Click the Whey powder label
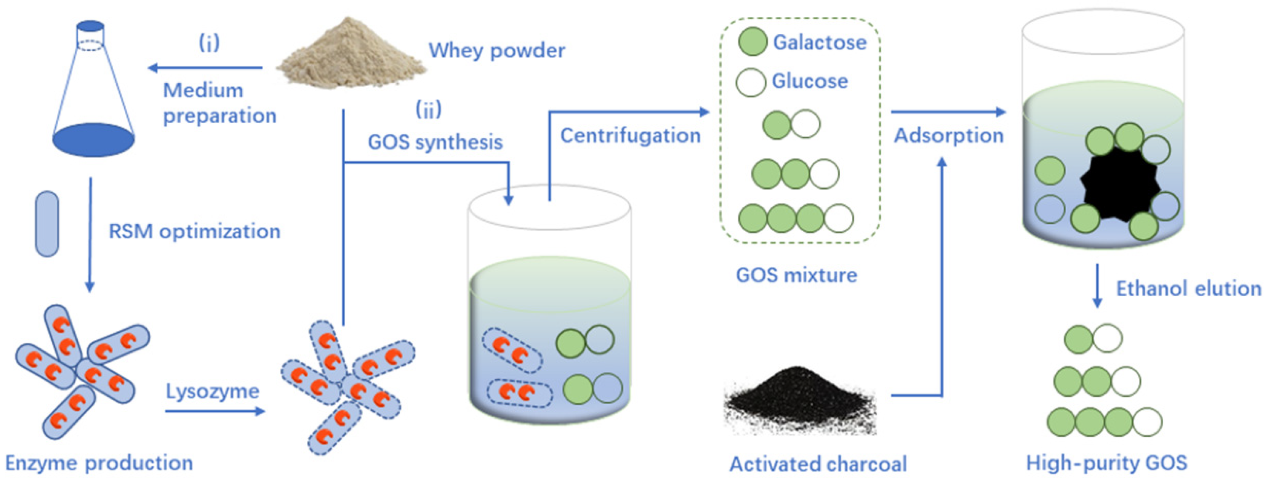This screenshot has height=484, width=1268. point(497,50)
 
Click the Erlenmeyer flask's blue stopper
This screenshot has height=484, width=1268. point(91,26)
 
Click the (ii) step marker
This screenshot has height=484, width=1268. point(428,109)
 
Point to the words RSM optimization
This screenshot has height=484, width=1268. point(194,231)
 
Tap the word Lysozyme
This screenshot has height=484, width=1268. point(212,391)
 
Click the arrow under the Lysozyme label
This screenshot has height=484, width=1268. point(215,411)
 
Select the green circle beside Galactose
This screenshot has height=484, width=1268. point(752,42)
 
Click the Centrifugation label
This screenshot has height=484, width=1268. point(630,135)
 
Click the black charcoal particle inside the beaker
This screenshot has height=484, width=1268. point(1120,187)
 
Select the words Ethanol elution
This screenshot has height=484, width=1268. point(1188,288)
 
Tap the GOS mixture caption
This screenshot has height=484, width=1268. point(796,275)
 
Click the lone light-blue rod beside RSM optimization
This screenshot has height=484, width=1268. point(47,224)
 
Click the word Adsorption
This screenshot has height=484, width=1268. point(949,135)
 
